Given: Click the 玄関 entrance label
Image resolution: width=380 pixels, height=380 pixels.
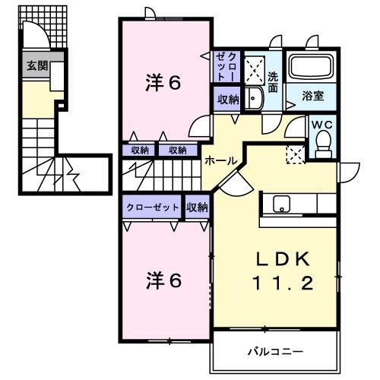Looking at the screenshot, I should (36, 66).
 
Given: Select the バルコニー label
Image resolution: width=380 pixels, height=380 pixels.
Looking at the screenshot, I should (276, 352).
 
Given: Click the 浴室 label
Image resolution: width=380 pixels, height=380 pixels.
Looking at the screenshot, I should (312, 97).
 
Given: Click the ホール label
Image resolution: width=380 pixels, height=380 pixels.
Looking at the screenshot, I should (220, 160).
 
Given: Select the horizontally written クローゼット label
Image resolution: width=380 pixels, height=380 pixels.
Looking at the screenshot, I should (154, 207).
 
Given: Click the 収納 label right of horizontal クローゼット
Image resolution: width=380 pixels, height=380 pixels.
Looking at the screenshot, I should (196, 207).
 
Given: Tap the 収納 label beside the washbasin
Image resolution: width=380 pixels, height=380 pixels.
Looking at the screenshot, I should (227, 99).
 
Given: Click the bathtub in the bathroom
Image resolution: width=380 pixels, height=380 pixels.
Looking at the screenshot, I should (312, 69).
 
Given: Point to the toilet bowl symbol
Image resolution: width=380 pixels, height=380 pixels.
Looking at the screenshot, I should (323, 142).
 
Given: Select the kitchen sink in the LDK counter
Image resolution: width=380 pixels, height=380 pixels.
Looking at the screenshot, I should (280, 204).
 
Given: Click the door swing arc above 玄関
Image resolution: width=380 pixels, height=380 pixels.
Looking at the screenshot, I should (36, 34).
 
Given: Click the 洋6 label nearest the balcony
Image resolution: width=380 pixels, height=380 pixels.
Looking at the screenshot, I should (163, 281).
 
